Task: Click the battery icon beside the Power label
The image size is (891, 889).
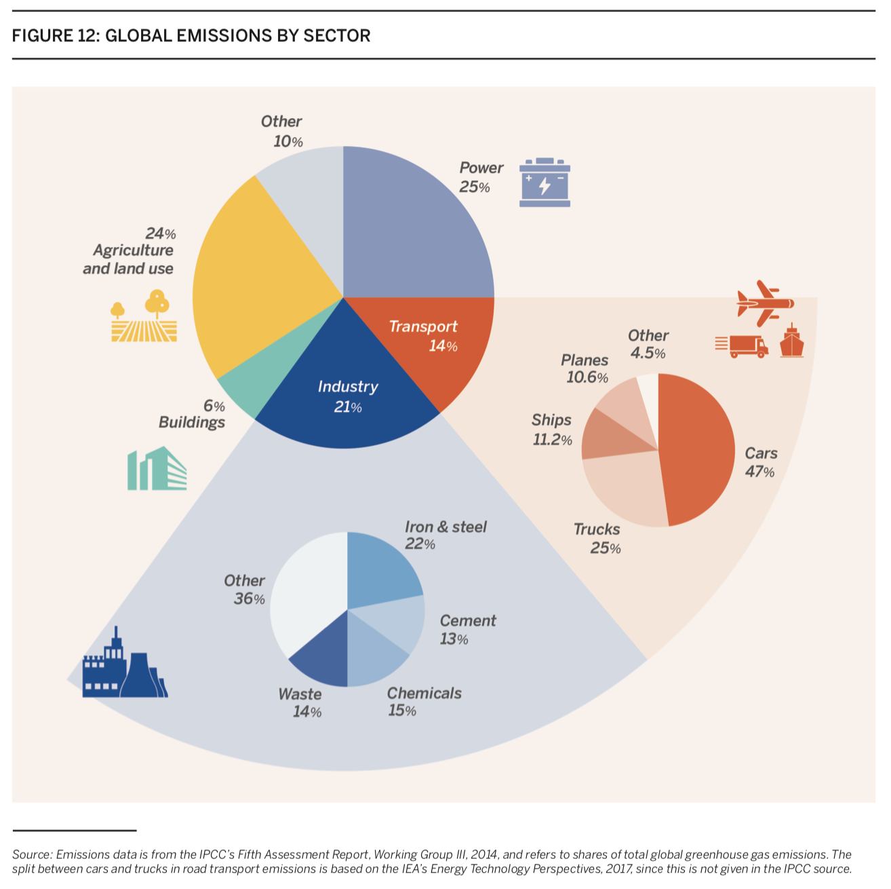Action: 544,183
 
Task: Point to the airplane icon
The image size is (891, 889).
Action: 765,302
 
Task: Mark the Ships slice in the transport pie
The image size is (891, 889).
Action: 610,434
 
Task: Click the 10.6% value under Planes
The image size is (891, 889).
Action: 587,378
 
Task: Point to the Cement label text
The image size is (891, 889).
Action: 468,621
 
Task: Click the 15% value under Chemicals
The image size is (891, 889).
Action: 402,711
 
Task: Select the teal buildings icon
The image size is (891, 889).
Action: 157,469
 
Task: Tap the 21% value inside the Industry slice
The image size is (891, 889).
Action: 348,407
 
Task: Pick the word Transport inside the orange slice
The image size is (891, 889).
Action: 423,326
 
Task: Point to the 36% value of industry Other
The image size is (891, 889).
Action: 249,599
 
